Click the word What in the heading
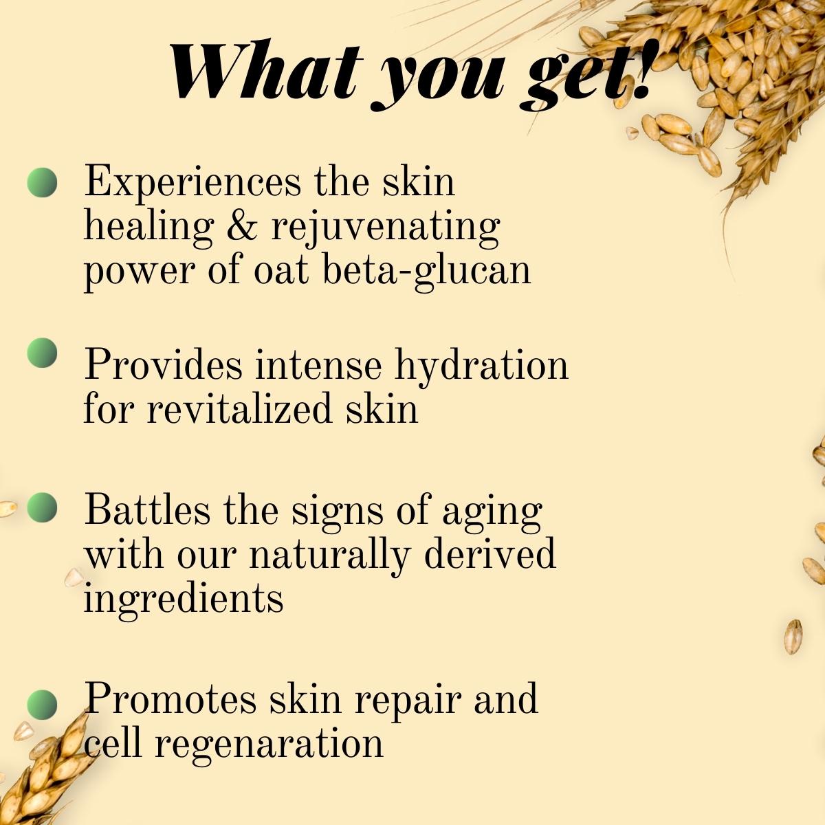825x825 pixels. coord(264,72)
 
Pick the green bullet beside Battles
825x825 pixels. coord(43,507)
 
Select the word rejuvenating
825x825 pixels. coord(386,227)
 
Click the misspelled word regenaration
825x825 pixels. coord(268,744)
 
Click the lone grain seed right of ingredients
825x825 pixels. coord(793,636)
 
